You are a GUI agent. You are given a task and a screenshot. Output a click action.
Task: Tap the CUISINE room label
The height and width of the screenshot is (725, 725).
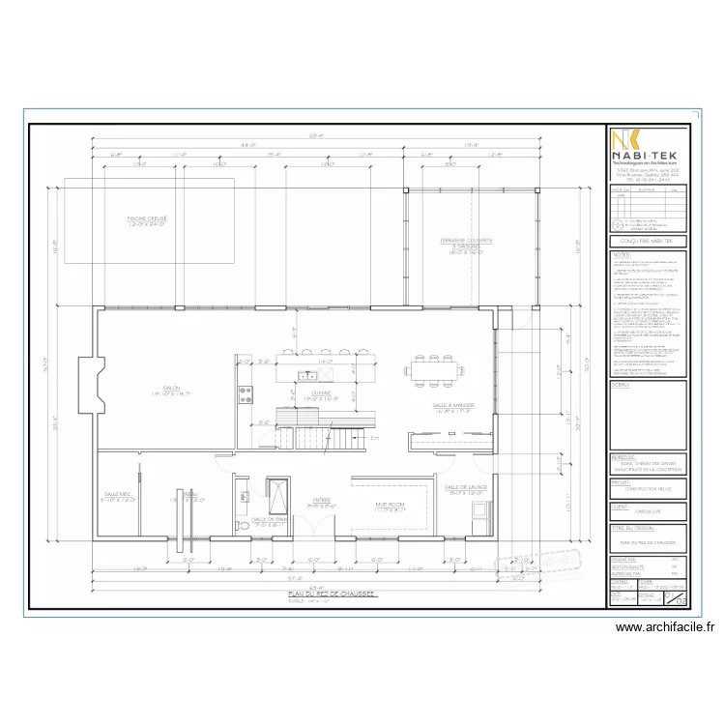click(x=322, y=394)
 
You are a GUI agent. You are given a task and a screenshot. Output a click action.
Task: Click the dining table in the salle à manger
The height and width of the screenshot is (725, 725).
click(x=433, y=366)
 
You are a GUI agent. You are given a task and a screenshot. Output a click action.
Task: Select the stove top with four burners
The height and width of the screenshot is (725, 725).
click(x=246, y=393)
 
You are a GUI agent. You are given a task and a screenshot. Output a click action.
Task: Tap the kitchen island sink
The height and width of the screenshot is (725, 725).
click(x=307, y=374)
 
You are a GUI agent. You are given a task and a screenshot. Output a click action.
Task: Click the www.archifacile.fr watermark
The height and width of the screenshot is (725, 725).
click(x=665, y=627)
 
